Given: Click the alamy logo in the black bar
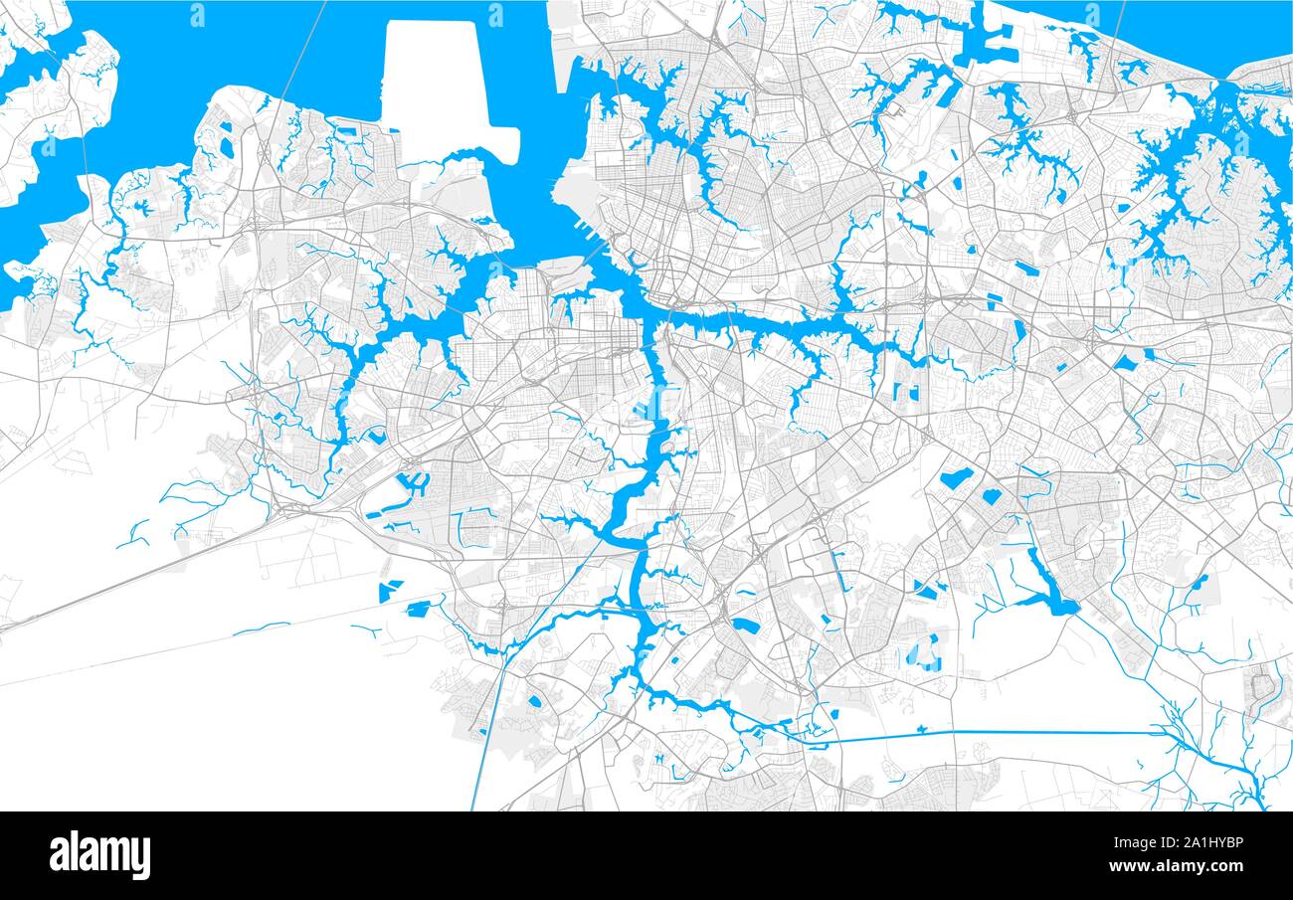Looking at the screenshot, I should (x=99, y=855).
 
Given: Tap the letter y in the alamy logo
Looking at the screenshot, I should (x=142, y=857).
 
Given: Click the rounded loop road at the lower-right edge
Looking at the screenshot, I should (x=1262, y=685).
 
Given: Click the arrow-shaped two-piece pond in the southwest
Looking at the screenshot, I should (x=390, y=591).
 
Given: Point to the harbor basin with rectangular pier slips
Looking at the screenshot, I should (x=990, y=45).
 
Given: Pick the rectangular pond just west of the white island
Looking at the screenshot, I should (x=346, y=130).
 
